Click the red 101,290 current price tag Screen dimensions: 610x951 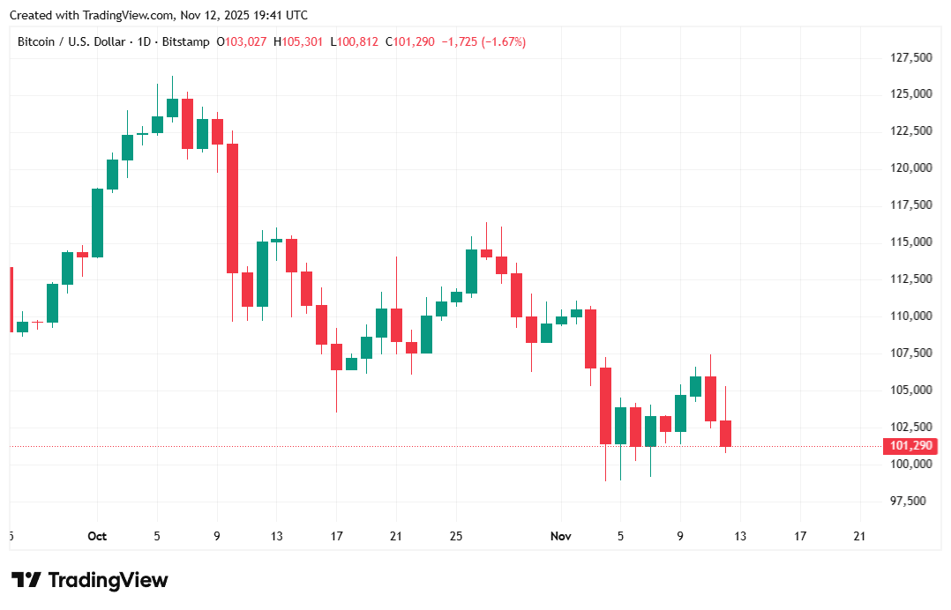[x=908, y=447]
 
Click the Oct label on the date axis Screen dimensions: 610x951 [x=97, y=536]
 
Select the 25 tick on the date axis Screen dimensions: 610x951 [x=456, y=536]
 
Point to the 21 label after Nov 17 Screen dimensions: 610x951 [x=860, y=536]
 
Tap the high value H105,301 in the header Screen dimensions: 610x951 [x=298, y=41]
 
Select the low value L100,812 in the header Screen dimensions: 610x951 [x=354, y=41]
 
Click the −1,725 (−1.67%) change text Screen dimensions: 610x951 [x=483, y=41]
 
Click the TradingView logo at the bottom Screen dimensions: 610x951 [x=89, y=580]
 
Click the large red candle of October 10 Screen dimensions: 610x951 [x=233, y=208]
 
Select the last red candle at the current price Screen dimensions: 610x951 [x=725, y=433]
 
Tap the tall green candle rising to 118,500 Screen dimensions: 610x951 [x=97, y=222]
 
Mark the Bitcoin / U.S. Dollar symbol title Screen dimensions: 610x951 [x=72, y=41]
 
